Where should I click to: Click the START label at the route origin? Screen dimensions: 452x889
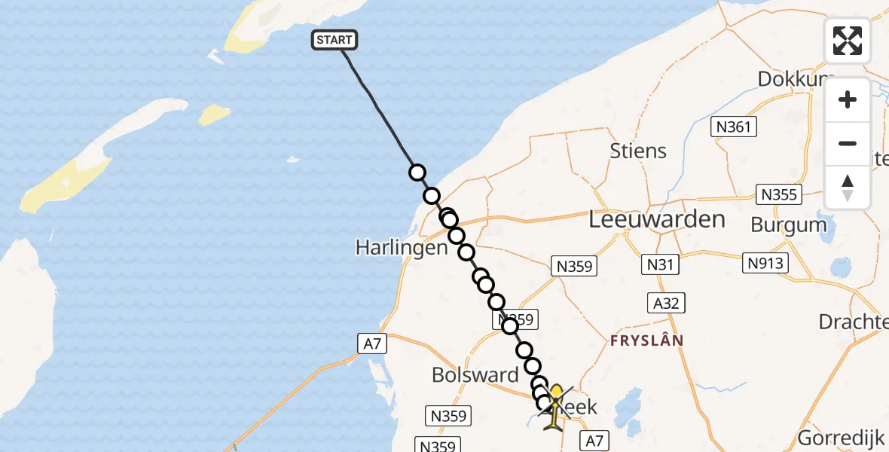(334, 40)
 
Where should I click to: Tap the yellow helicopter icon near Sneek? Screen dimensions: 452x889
(555, 408)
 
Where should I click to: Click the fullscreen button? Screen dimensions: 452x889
(848, 41)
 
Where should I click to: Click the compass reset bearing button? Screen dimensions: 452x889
(848, 187)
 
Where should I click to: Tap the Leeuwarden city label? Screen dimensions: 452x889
(657, 220)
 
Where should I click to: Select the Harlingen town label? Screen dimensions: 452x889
(402, 247)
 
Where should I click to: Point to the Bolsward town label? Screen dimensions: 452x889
(475, 374)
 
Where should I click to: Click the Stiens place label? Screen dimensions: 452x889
(638, 151)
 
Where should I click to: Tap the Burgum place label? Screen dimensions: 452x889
(789, 224)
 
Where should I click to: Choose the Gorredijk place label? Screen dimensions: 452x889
(842, 437)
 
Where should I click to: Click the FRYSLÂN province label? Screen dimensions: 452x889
(646, 340)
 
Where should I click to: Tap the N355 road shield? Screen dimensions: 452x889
(778, 195)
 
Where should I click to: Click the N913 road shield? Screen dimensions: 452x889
(767, 263)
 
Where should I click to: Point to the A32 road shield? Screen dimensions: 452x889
(666, 303)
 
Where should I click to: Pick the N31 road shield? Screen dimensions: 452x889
(659, 264)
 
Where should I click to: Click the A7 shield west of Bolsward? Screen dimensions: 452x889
(372, 344)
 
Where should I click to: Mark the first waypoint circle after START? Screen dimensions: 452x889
(417, 173)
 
